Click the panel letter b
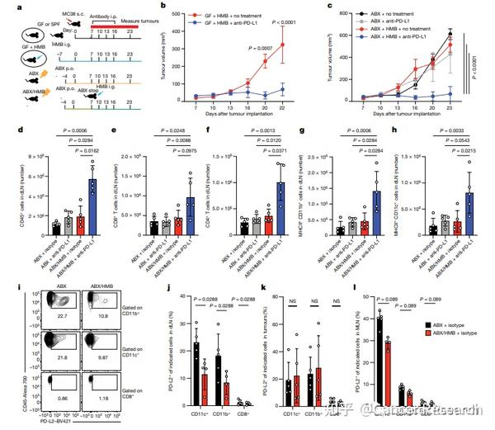[163, 7]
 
